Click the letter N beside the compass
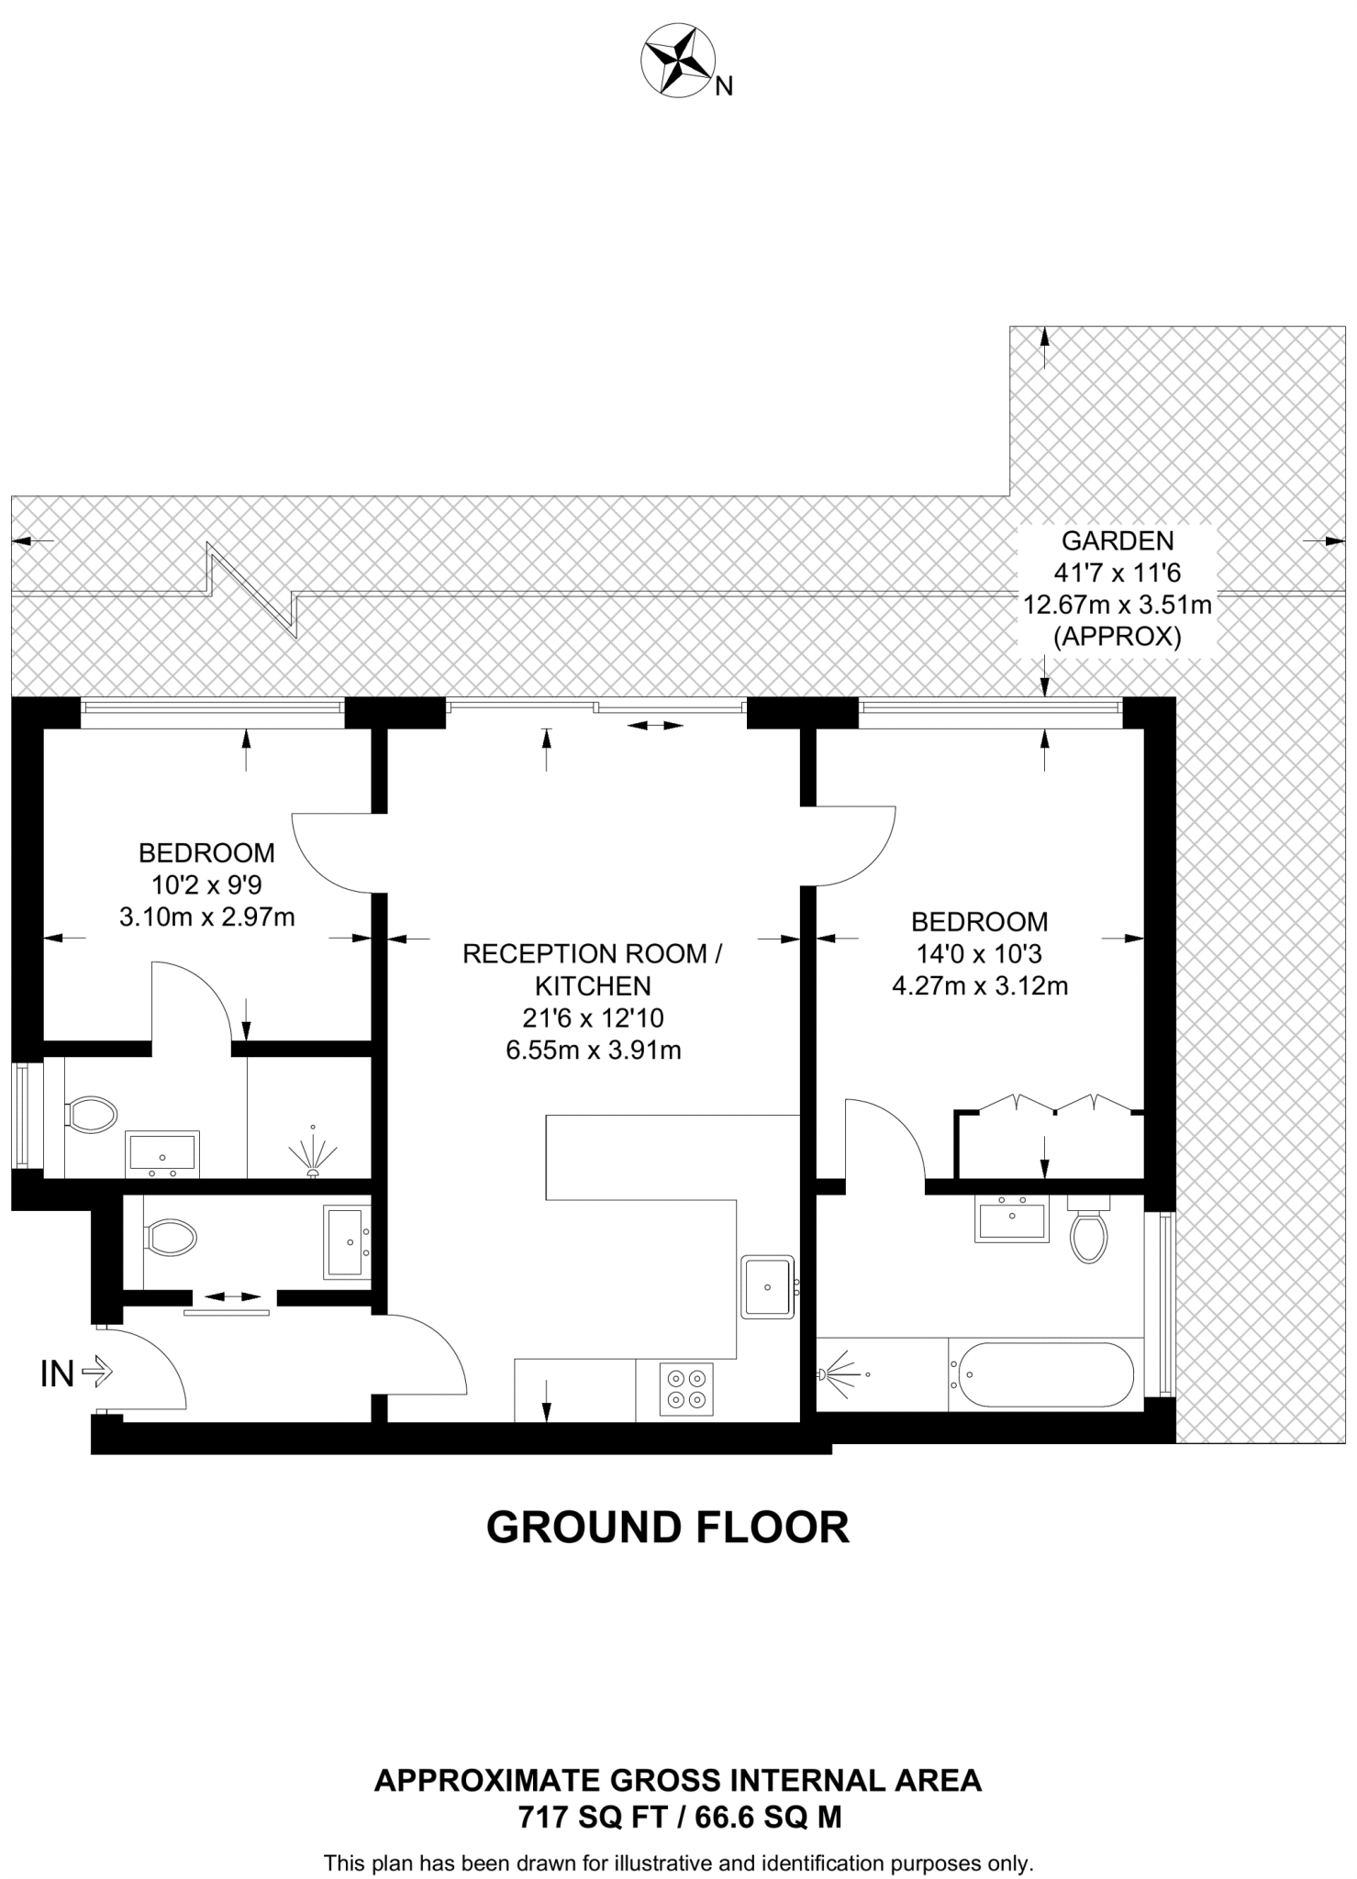[724, 87]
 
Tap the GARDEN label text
[1117, 540]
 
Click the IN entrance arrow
[96, 1373]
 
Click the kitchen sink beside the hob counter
[767, 1286]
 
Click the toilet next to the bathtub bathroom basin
[1089, 1231]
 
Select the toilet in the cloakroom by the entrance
[171, 1237]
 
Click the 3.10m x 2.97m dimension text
[206, 917]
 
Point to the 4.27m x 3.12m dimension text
[979, 986]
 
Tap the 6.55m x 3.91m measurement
[593, 1051]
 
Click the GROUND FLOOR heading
[667, 1528]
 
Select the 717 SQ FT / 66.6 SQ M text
[679, 1817]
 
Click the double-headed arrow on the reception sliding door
[655, 726]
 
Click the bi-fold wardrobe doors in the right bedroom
[1053, 1103]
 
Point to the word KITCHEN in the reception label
[593, 986]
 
